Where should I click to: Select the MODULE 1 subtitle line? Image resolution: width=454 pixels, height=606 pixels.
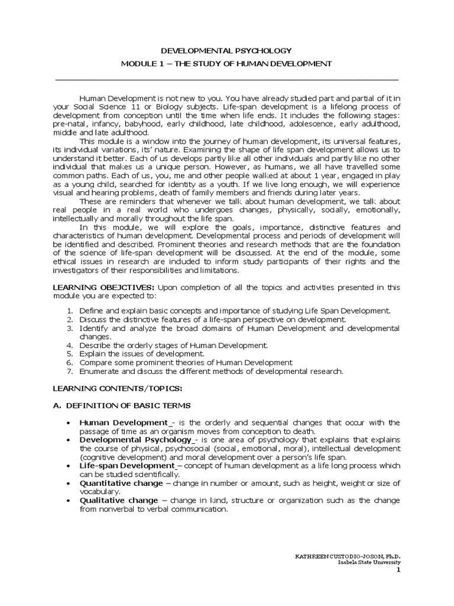[x=227, y=63]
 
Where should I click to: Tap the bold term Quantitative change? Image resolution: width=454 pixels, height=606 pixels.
[x=121, y=483]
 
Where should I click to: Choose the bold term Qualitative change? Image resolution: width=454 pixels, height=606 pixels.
[x=118, y=501]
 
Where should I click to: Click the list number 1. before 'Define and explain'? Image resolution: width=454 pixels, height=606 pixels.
[x=69, y=311]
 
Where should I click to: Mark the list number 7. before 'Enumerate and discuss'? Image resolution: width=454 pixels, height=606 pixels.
[x=69, y=371]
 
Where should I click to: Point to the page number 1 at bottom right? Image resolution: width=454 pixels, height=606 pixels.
[x=398, y=570]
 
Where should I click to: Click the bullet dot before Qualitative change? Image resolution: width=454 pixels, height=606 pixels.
[x=70, y=501]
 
